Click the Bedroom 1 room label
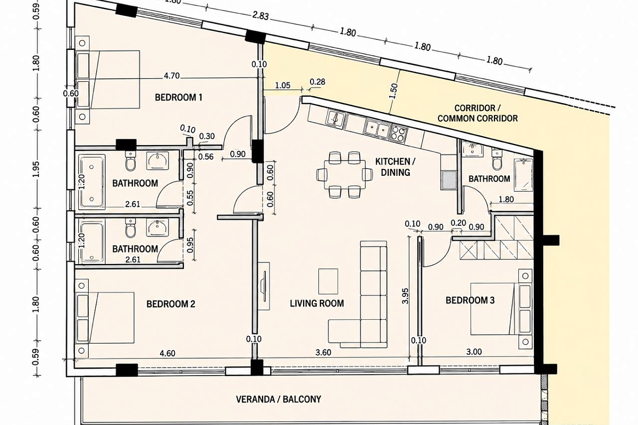tap(179, 98)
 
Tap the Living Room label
tap(317, 303)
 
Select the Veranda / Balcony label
tap(279, 399)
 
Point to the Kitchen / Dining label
tap(396, 167)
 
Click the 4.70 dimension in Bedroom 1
tap(172, 76)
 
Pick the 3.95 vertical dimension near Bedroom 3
tap(405, 296)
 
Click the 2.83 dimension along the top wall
tap(261, 15)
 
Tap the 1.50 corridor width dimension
tap(393, 91)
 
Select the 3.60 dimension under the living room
tap(323, 352)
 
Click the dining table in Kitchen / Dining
tap(345, 174)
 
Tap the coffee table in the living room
tap(329, 281)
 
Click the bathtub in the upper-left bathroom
tap(91, 181)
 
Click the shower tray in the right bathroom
tap(523, 175)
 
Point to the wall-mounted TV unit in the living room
tap(264, 286)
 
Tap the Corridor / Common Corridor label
tap(477, 113)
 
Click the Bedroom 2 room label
tap(171, 304)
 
